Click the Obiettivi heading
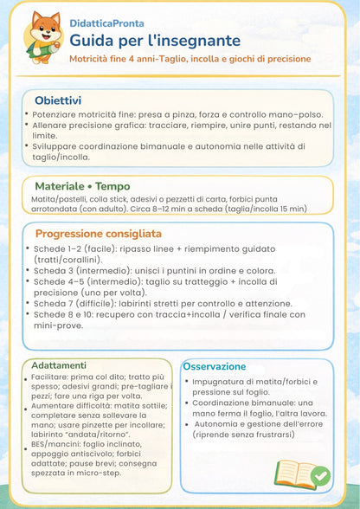coord(58,100)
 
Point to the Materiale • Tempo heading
coord(82,186)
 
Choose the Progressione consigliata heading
coord(98,234)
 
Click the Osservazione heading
coord(215,366)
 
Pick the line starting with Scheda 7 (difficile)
coord(164,303)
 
